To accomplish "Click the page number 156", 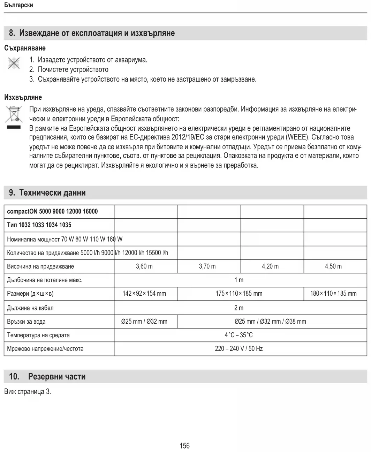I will click(184, 445).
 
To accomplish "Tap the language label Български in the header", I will click(19, 5).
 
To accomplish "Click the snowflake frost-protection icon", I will click(14, 63).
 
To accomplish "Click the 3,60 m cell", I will click(144, 266).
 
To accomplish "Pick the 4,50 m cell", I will click(333, 266).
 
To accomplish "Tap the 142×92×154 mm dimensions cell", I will click(144, 293).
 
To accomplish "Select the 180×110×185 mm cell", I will click(333, 293).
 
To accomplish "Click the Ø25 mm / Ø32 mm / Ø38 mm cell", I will click(270, 321).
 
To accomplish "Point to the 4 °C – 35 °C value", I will click(239, 335).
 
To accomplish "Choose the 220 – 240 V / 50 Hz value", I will click(239, 348).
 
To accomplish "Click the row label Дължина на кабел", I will click(30, 308).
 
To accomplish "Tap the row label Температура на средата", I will click(38, 335).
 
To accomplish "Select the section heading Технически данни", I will click(52, 193).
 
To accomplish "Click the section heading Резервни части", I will click(56, 376).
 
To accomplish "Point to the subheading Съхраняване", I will click(25, 48).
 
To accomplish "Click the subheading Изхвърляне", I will click(23, 97).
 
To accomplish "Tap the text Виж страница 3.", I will click(28, 391).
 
